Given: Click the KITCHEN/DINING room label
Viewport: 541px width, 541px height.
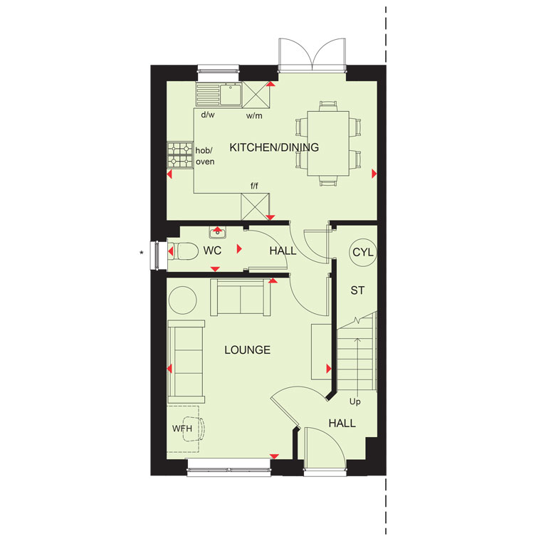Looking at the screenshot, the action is tap(274, 147).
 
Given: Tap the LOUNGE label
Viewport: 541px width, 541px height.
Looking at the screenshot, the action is tap(248, 350).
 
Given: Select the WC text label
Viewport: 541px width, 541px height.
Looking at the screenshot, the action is tap(212, 251).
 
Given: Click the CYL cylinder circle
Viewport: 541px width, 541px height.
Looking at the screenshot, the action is tap(362, 252).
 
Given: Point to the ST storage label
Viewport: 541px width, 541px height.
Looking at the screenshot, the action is tap(357, 290).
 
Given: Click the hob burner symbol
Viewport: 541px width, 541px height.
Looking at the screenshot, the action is tap(180, 155).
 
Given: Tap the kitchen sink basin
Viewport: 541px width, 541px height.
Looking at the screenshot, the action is tap(231, 94).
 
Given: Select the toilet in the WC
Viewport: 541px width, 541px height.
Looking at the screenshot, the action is tap(186, 251).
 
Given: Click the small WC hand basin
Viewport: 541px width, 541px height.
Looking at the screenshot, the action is tap(217, 233).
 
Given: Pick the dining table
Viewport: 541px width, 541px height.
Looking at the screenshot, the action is tap(328, 143).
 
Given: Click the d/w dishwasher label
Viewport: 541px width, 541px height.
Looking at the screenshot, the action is tap(208, 115).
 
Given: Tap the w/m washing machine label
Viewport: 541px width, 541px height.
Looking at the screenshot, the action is tap(254, 116).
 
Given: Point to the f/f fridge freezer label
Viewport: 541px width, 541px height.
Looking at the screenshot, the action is tap(254, 186).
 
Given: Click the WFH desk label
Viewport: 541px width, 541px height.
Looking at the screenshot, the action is tap(182, 429).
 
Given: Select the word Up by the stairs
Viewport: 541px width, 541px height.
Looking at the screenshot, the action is tap(355, 402).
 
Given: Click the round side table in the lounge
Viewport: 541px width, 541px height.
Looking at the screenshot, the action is tap(182, 300).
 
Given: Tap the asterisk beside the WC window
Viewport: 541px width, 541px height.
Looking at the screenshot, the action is tap(142, 253).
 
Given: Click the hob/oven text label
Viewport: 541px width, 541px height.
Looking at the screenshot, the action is tap(205, 156).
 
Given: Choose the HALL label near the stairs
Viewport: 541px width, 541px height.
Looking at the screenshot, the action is tap(342, 423).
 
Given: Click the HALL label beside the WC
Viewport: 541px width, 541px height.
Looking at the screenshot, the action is tap(283, 251).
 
